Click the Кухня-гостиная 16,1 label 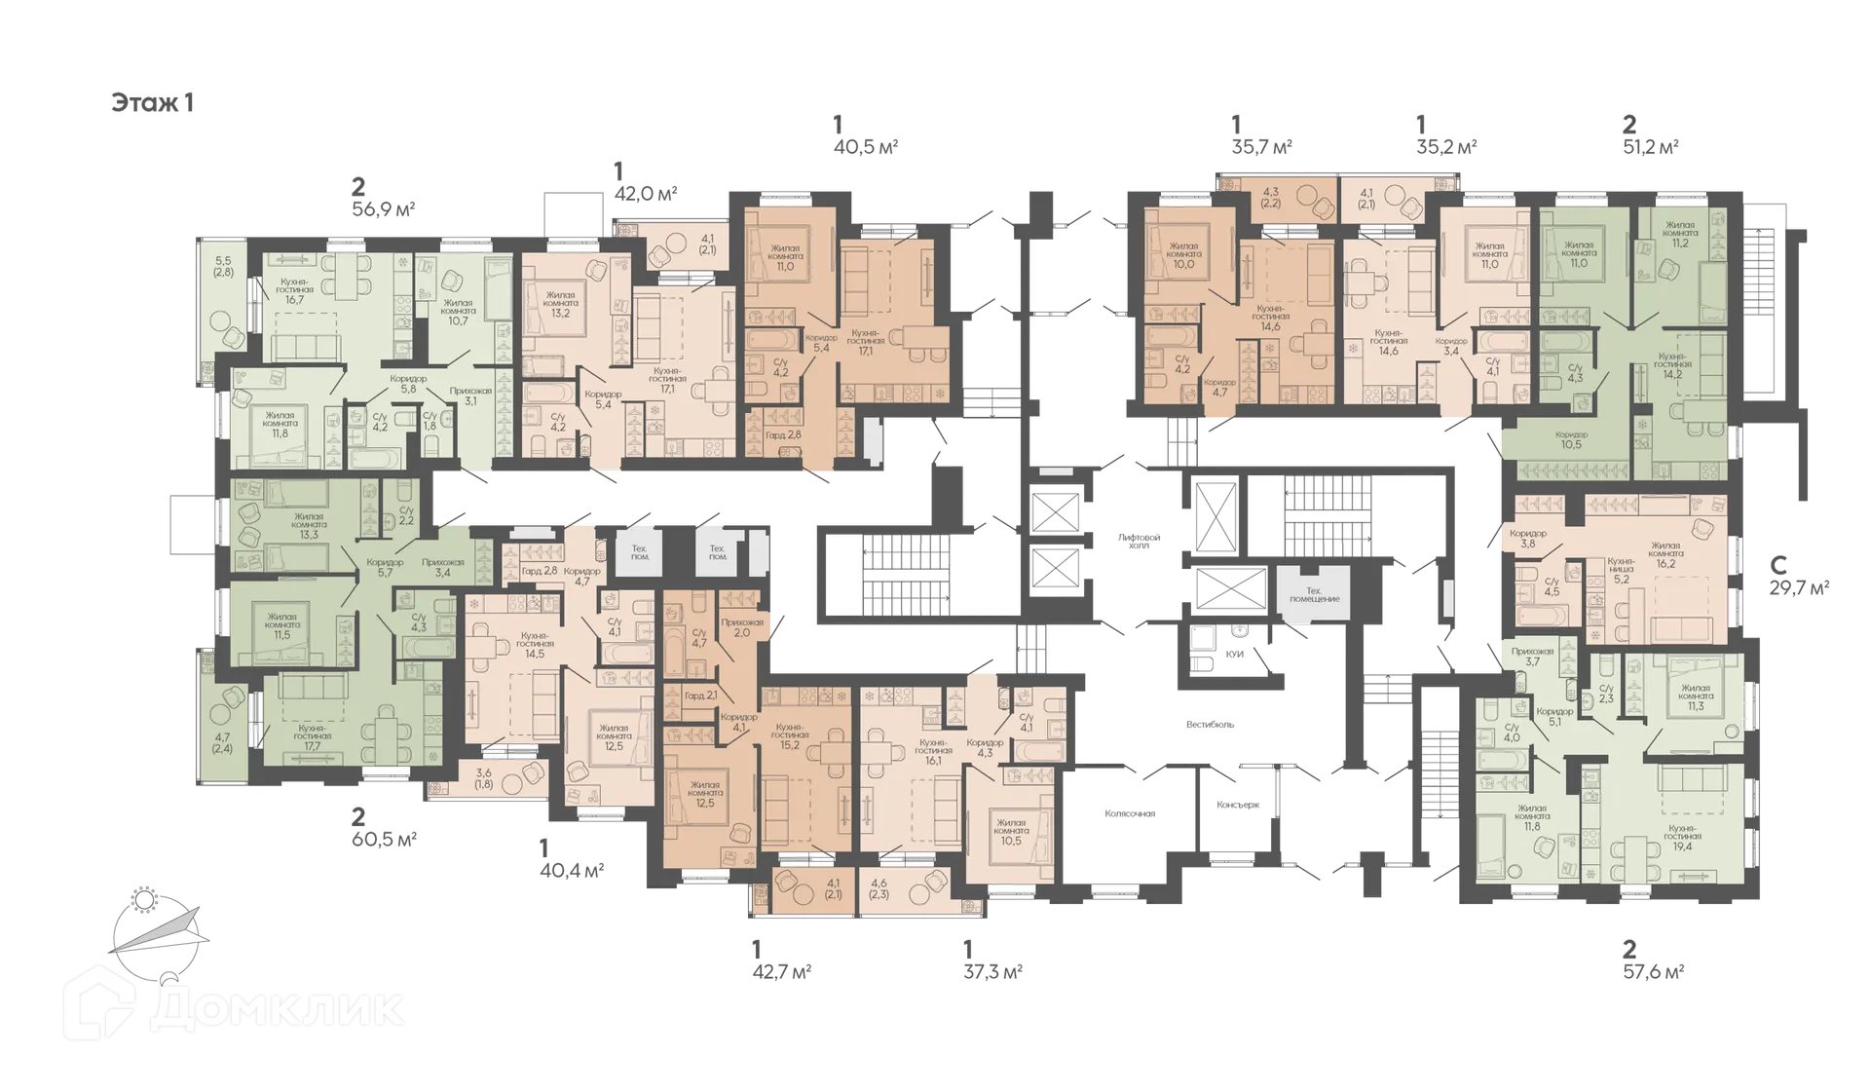click(x=933, y=747)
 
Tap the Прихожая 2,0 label click(x=741, y=627)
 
